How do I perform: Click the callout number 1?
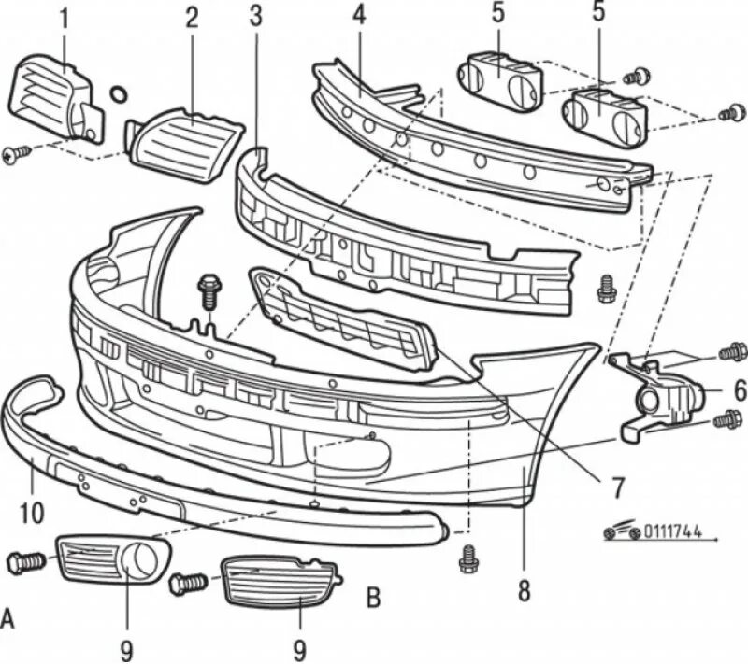point(64,17)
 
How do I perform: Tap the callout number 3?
point(255,16)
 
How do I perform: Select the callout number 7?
point(618,485)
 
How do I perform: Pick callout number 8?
point(524,589)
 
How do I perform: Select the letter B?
point(372,596)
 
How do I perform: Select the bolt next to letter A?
point(26,562)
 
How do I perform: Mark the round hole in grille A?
point(142,559)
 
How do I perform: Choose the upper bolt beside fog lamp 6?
point(732,353)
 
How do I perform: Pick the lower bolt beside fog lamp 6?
point(726,420)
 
